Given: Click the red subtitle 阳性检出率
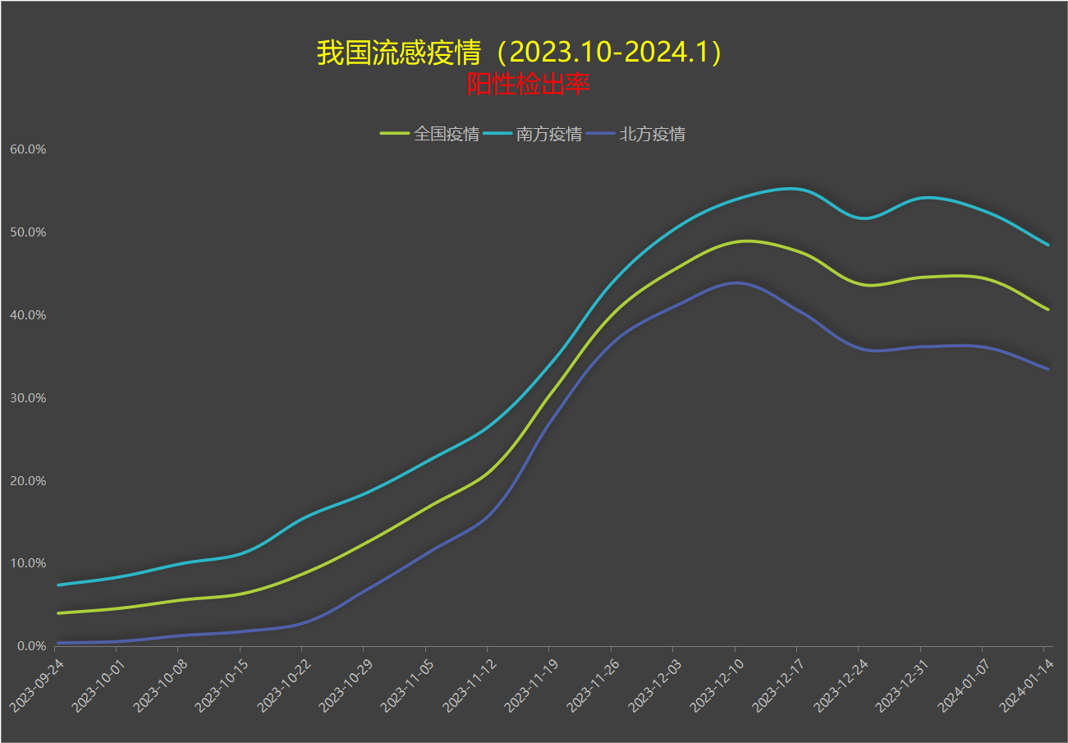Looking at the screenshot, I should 528,84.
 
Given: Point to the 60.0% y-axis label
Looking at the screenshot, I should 27,149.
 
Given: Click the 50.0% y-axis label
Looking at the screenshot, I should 27,232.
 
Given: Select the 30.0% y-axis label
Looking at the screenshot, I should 27,398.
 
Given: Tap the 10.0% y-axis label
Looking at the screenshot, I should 27,563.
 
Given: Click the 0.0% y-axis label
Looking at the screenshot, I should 30,646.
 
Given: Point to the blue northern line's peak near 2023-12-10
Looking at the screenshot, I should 736,282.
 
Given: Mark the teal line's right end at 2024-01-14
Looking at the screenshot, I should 1048,245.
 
